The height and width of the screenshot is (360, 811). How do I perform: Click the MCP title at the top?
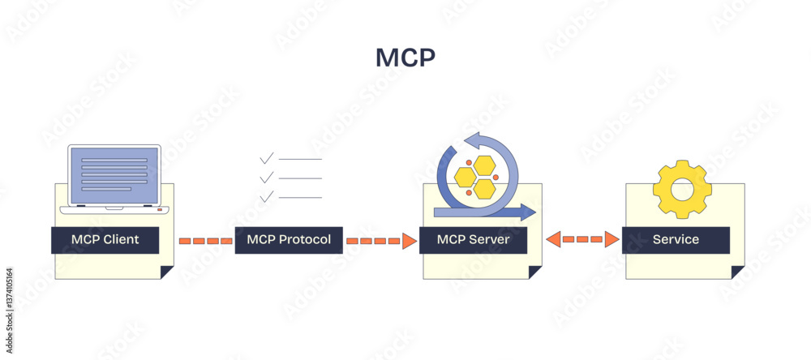point(405,58)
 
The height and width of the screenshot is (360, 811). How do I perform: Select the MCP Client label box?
point(105,240)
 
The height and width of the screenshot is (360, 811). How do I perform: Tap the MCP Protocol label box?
point(289,240)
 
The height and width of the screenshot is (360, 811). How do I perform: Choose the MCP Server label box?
point(473,240)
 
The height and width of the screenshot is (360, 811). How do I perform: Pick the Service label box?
point(676,240)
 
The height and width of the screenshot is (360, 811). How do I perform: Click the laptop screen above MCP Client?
point(114,175)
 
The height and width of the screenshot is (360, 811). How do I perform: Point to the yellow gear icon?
point(682,190)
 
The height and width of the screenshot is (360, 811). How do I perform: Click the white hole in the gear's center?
point(682,190)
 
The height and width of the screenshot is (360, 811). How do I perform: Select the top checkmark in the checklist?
point(266,157)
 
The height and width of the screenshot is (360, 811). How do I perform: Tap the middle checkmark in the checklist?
point(266,177)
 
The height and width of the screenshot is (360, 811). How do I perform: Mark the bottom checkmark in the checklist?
point(266,196)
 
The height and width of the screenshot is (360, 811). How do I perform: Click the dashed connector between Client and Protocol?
point(205,241)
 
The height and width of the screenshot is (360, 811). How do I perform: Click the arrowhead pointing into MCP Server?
point(410,241)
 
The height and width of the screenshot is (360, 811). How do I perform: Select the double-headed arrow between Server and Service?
point(582,239)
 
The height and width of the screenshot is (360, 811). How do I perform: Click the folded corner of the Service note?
point(737,272)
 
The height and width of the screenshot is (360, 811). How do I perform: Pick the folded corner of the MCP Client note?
point(167,272)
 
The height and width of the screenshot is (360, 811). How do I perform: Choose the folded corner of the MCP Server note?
point(535,272)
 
